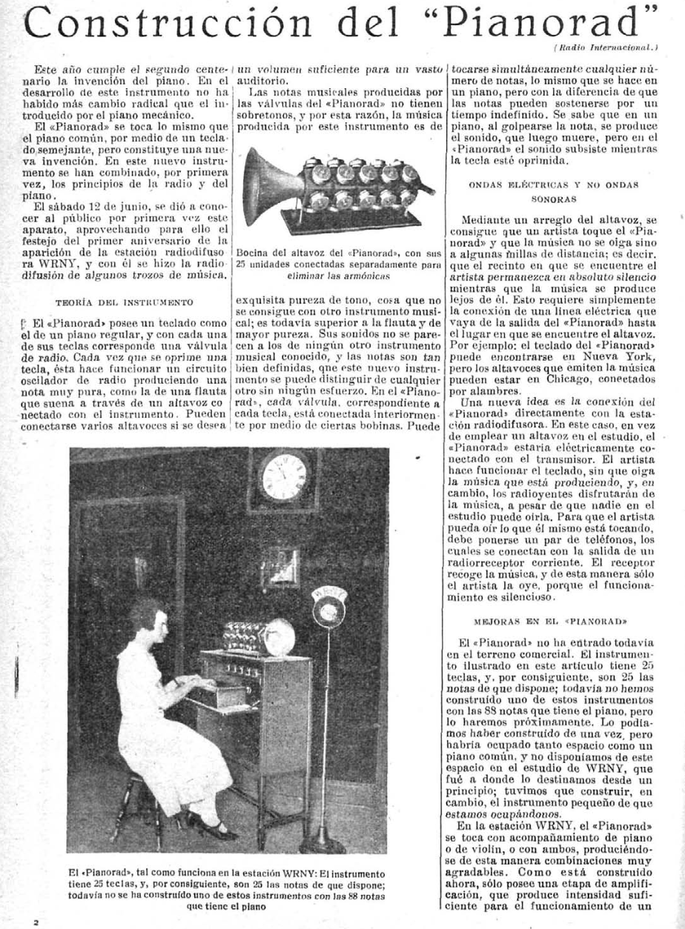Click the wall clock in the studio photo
pos(285,476)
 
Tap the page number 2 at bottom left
pos(35,922)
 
